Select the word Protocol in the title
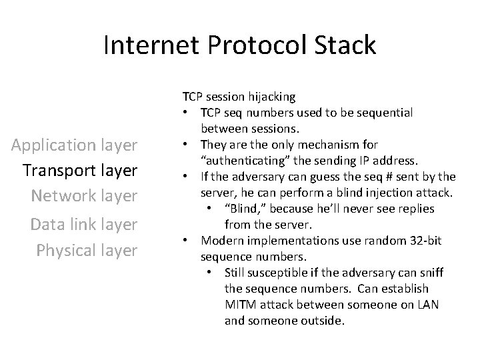(256, 46)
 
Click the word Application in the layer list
(59, 145)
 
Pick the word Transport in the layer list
(59, 171)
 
